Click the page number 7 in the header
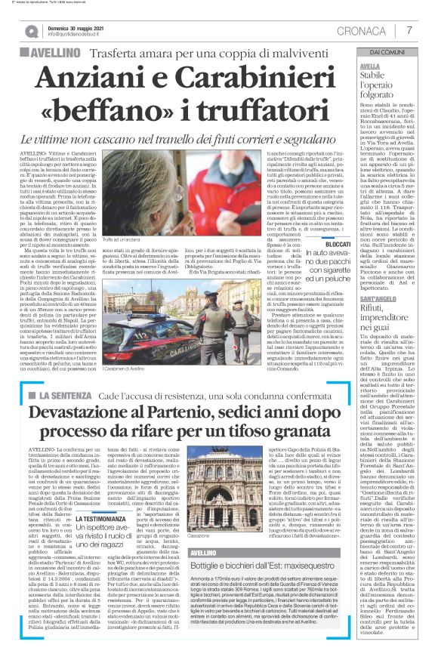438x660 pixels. pos(409,30)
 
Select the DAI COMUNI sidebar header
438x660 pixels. pos(387,51)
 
